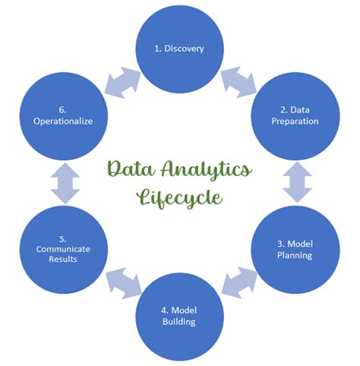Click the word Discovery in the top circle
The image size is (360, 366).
[184, 49]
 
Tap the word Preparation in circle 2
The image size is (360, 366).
[295, 121]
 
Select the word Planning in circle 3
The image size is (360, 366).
[295, 255]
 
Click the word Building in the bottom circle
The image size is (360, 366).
[179, 321]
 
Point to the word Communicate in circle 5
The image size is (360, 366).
[63, 249]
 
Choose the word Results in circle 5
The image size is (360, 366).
[63, 259]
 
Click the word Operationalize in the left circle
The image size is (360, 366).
[63, 121]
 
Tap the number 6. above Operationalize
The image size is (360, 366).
[63, 110]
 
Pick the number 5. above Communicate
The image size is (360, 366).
[63, 239]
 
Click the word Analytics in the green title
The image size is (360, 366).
[207, 170]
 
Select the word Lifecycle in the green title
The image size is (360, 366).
[180, 197]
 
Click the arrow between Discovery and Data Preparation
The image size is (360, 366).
[238, 82]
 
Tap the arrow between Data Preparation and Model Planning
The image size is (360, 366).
[297, 182]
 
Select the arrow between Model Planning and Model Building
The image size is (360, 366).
[239, 282]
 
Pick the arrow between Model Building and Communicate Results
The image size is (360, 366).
[123, 283]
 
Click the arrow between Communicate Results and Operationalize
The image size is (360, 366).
[65, 183]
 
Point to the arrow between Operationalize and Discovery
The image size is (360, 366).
[122, 83]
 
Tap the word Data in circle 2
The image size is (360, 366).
[300, 110]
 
